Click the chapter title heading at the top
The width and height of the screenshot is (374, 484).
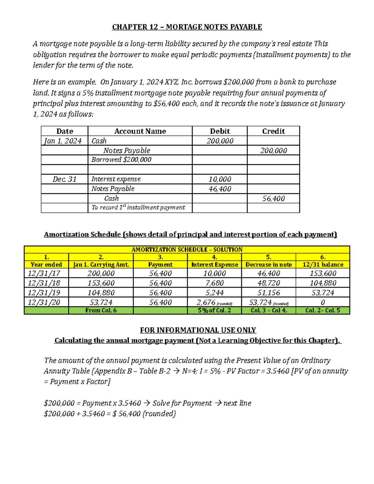coord(187,27)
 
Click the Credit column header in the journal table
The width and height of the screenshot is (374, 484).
coord(273,131)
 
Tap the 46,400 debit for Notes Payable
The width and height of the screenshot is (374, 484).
coord(220,189)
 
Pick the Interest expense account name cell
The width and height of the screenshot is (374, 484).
coord(116,179)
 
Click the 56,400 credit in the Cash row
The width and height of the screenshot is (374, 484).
coord(273,199)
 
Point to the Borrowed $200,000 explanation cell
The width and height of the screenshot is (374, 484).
coord(121,160)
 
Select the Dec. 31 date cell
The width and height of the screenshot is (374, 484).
coord(65,179)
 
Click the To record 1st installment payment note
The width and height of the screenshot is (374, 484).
coord(138,208)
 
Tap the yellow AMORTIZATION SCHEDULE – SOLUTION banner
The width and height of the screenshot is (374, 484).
coord(187,250)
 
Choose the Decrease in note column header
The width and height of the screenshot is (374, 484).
coord(269,265)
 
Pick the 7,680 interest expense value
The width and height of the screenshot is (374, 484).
coord(214,283)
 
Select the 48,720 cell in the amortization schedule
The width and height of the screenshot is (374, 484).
coord(269,283)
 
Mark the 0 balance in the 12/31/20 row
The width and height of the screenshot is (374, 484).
coord(323,302)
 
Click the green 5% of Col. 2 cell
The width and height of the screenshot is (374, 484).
coord(214,310)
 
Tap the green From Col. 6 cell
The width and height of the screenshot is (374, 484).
coord(101,310)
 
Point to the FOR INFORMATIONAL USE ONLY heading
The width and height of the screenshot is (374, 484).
coord(198,330)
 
